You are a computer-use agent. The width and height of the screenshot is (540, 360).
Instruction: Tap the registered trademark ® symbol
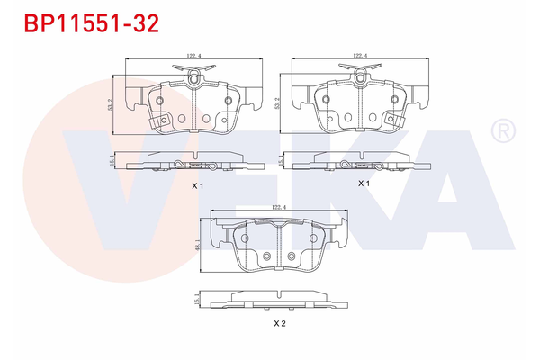[500, 132]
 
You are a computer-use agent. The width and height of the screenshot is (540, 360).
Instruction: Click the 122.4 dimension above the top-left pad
[192, 56]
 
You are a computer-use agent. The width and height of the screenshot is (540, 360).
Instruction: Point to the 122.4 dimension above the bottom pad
[279, 207]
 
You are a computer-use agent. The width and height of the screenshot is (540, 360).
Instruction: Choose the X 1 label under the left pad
[197, 185]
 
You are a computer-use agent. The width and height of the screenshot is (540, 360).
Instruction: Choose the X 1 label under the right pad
[364, 183]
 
